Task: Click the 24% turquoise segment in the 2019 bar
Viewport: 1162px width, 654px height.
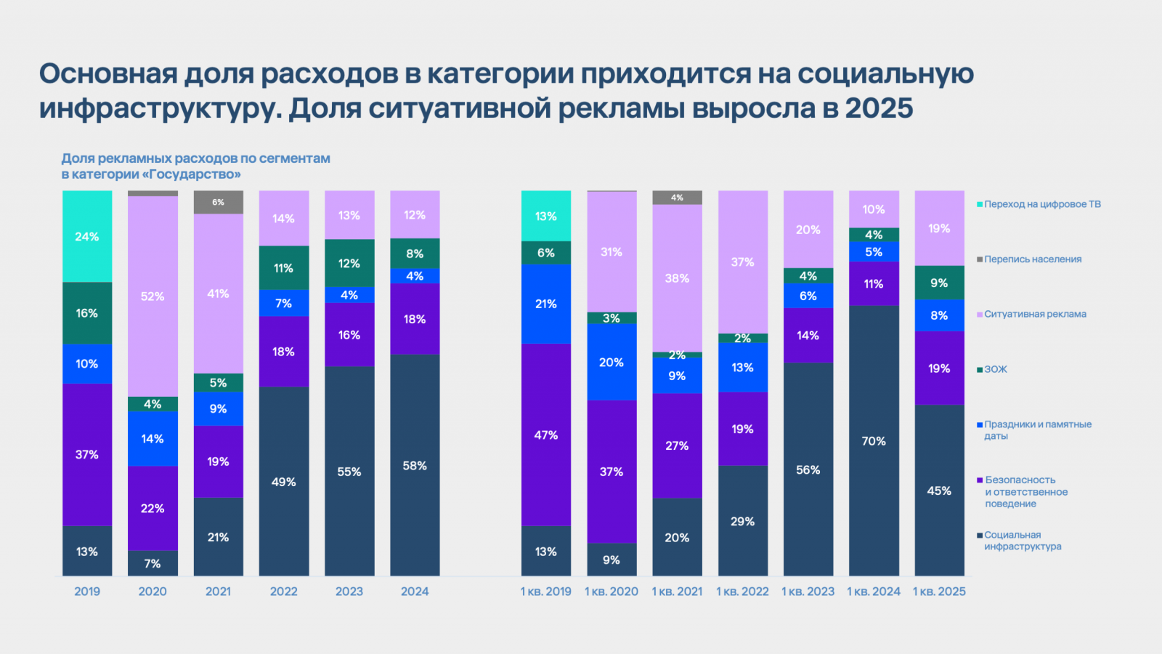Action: [87, 236]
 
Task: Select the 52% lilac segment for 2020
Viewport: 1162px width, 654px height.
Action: [153, 296]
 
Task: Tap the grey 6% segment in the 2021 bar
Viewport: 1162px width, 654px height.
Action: [218, 202]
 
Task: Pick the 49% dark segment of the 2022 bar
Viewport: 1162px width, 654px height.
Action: [283, 481]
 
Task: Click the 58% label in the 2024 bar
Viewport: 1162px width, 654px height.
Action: [415, 466]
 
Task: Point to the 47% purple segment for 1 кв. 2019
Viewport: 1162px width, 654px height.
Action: [546, 435]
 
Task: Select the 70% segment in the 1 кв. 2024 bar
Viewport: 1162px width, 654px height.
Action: [874, 440]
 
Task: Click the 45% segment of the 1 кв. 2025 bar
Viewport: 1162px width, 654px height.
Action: [939, 490]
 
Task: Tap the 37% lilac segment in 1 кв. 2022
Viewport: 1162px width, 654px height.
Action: [742, 262]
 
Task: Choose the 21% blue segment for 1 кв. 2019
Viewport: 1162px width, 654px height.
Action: [546, 304]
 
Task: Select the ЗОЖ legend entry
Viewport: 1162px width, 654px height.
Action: [996, 369]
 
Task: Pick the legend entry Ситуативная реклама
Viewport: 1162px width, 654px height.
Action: [1035, 314]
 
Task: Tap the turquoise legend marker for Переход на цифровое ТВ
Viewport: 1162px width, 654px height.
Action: [980, 204]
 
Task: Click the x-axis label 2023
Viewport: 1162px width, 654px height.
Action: [349, 592]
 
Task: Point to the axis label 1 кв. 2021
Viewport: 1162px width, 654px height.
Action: [677, 592]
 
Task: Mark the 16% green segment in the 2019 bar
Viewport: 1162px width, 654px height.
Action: [87, 312]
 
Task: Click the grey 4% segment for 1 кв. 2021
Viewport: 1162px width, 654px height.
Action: [677, 198]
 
